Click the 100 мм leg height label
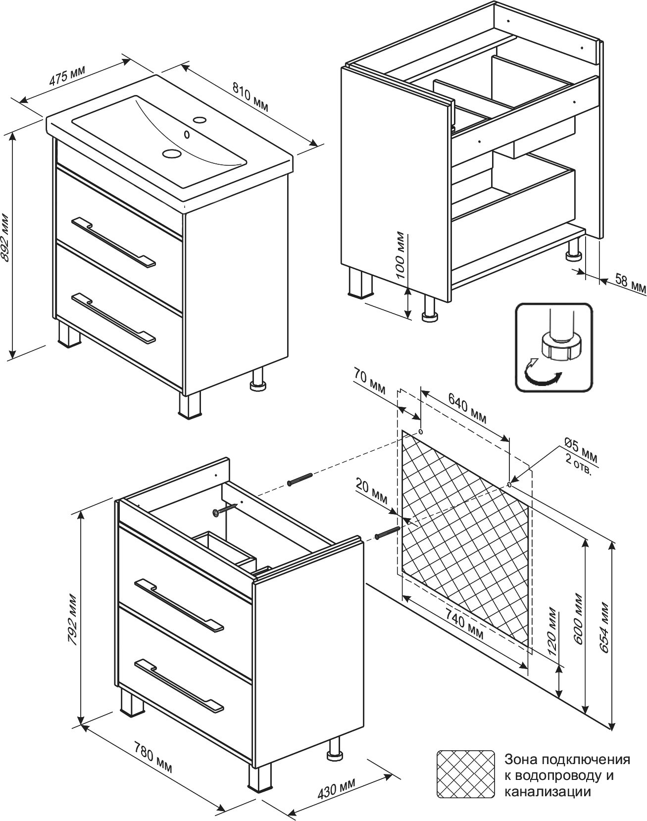tap(400, 256)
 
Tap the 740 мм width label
tap(464, 625)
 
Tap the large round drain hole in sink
tap(171, 153)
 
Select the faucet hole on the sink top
tap(199, 120)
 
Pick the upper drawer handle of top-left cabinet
tap(113, 241)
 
